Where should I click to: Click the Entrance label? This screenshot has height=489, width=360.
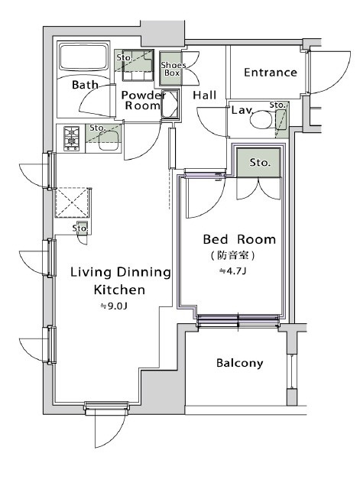[x=270, y=73]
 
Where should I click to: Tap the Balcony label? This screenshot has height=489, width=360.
[x=239, y=363]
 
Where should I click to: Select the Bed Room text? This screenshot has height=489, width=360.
[x=239, y=239]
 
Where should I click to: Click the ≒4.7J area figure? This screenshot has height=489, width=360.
[x=232, y=271]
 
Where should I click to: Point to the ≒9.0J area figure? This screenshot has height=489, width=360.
[x=114, y=306]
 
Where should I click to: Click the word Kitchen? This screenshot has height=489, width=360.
[x=119, y=290]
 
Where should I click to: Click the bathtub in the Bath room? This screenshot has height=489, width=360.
[x=83, y=57]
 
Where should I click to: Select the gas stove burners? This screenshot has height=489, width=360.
[x=71, y=138]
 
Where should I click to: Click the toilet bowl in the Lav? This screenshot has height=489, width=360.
[x=261, y=120]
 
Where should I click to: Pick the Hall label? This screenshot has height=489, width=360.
[x=204, y=95]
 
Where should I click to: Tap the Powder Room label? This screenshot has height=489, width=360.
[x=143, y=100]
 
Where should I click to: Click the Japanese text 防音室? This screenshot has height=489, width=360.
[x=233, y=255]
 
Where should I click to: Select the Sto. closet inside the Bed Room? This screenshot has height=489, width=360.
[x=258, y=163]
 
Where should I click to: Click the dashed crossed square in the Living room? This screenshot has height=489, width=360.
[x=72, y=202]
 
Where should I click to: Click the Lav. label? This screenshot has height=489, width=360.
[x=242, y=110]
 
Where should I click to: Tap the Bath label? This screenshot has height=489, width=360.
[x=85, y=85]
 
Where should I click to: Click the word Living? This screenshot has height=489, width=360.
[x=91, y=272]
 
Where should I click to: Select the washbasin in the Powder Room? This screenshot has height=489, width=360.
[x=169, y=104]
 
